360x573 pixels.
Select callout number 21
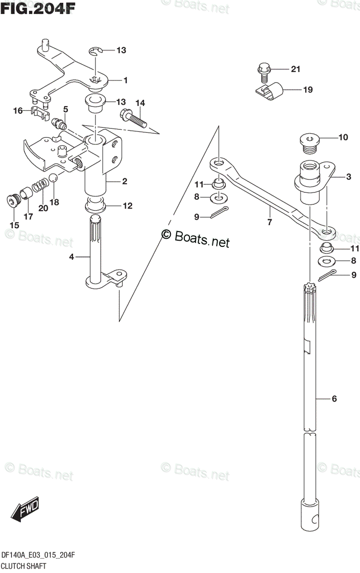coord(296,70)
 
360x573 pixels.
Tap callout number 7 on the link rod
coord(269,222)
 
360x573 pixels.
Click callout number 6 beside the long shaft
coord(334,399)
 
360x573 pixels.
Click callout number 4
coord(72,257)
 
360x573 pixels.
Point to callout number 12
coord(127,206)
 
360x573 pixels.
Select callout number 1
coord(125,80)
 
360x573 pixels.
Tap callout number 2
coord(124,181)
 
